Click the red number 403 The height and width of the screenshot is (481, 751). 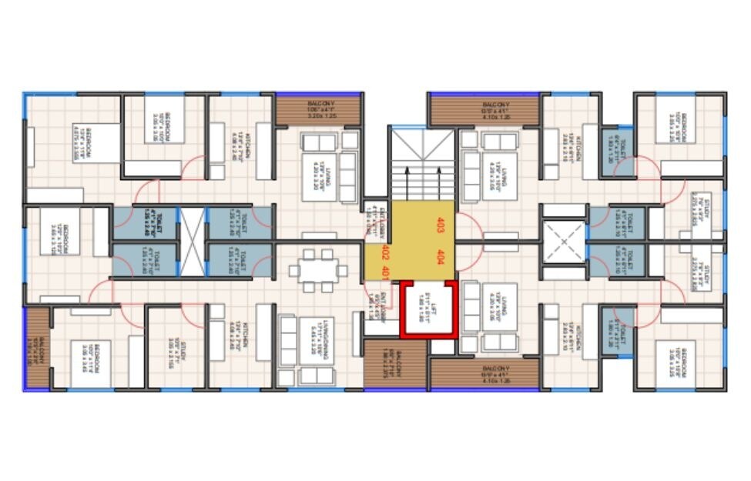(x=441, y=225)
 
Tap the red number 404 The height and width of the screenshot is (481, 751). (x=441, y=257)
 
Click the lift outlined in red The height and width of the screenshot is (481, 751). (x=428, y=309)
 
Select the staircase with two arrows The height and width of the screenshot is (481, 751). (x=422, y=165)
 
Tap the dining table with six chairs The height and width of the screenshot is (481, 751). (x=318, y=270)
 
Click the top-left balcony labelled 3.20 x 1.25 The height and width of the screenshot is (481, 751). (x=318, y=109)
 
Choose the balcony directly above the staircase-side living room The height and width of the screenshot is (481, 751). (x=484, y=109)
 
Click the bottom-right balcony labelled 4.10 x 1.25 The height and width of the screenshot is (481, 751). (x=484, y=374)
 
